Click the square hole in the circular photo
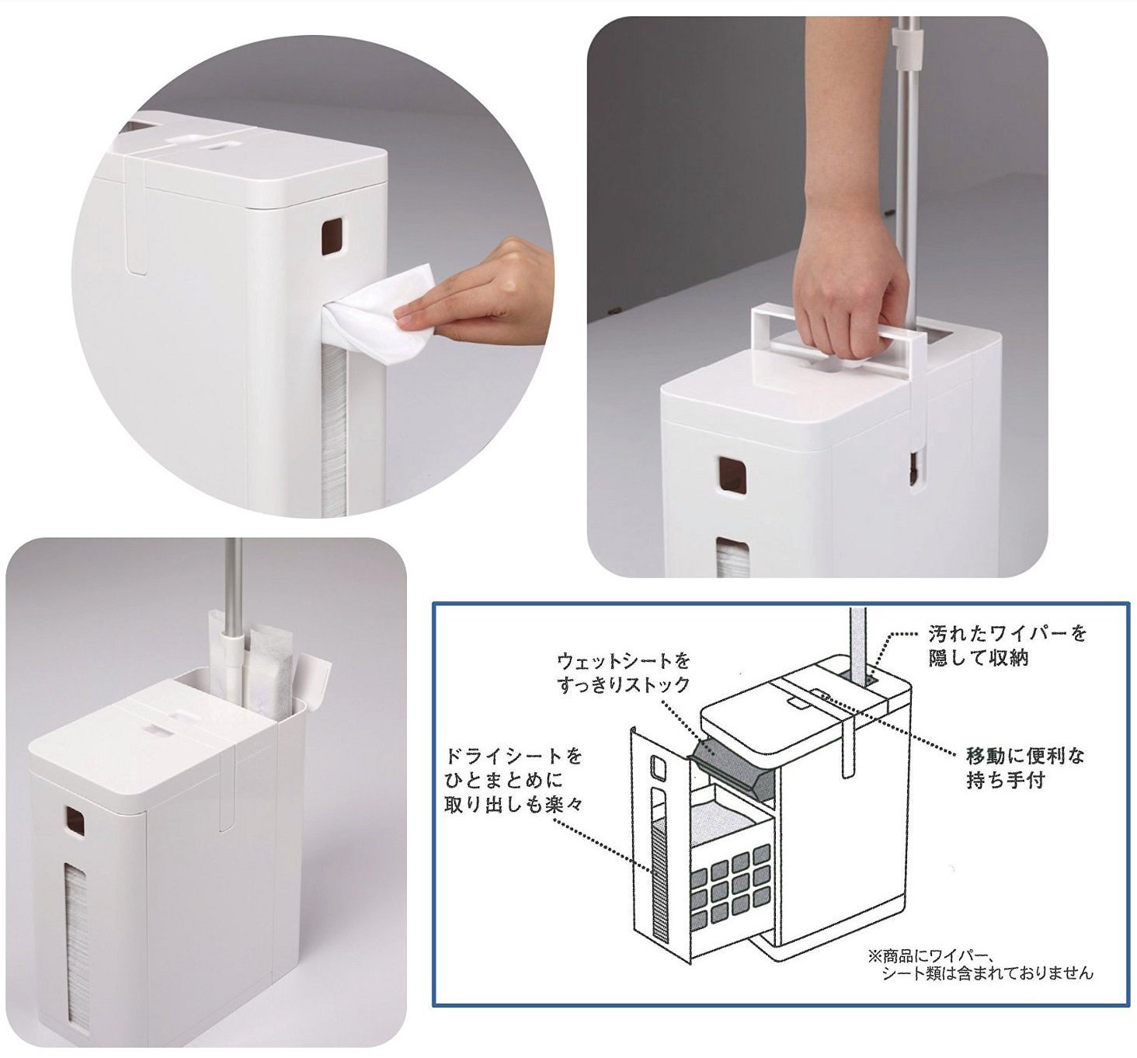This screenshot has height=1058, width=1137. point(331,236)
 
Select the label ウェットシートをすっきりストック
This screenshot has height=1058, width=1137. point(624,673)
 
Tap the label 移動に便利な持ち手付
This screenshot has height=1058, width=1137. point(1025,768)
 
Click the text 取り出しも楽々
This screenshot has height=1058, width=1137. point(513,804)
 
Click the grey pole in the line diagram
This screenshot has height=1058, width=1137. point(857,642)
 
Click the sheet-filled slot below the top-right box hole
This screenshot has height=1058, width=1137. point(729,559)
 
